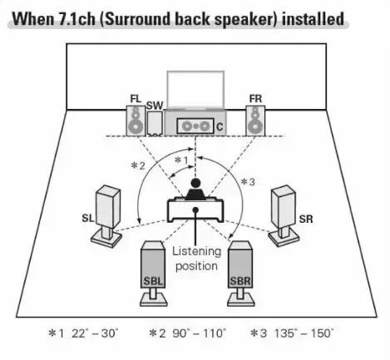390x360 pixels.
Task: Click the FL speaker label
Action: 136,99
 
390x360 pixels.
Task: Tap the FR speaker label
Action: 255,99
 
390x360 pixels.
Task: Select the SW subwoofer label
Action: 155,106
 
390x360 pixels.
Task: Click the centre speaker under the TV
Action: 195,126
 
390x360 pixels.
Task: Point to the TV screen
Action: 195,90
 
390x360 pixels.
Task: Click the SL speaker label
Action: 88,219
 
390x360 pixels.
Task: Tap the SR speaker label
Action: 306,219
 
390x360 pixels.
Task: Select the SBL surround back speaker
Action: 153,274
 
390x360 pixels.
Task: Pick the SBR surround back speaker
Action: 240,274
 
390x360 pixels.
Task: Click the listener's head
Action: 195,183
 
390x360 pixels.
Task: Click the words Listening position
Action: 196,259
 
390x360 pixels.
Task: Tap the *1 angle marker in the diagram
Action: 181,160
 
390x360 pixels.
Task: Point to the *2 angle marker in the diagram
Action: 138,165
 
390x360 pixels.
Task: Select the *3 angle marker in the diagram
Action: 248,182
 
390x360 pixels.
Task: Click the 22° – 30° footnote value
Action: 95,333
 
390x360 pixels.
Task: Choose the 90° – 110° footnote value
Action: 200,333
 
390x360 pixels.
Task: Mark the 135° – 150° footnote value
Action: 304,333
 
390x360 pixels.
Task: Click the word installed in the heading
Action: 313,19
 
